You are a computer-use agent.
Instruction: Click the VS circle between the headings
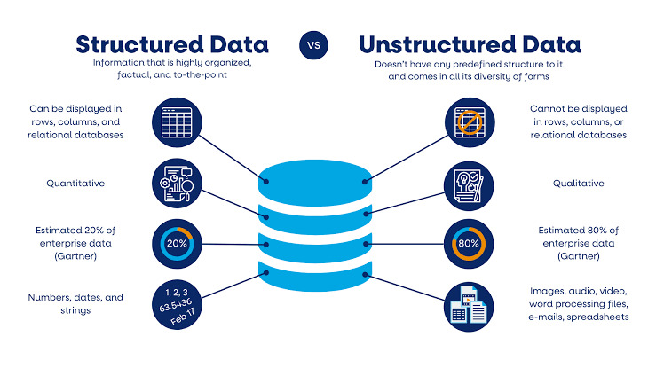[x=313, y=43]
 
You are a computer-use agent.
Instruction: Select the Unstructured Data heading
[x=470, y=43]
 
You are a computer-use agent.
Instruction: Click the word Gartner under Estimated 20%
[x=76, y=256]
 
